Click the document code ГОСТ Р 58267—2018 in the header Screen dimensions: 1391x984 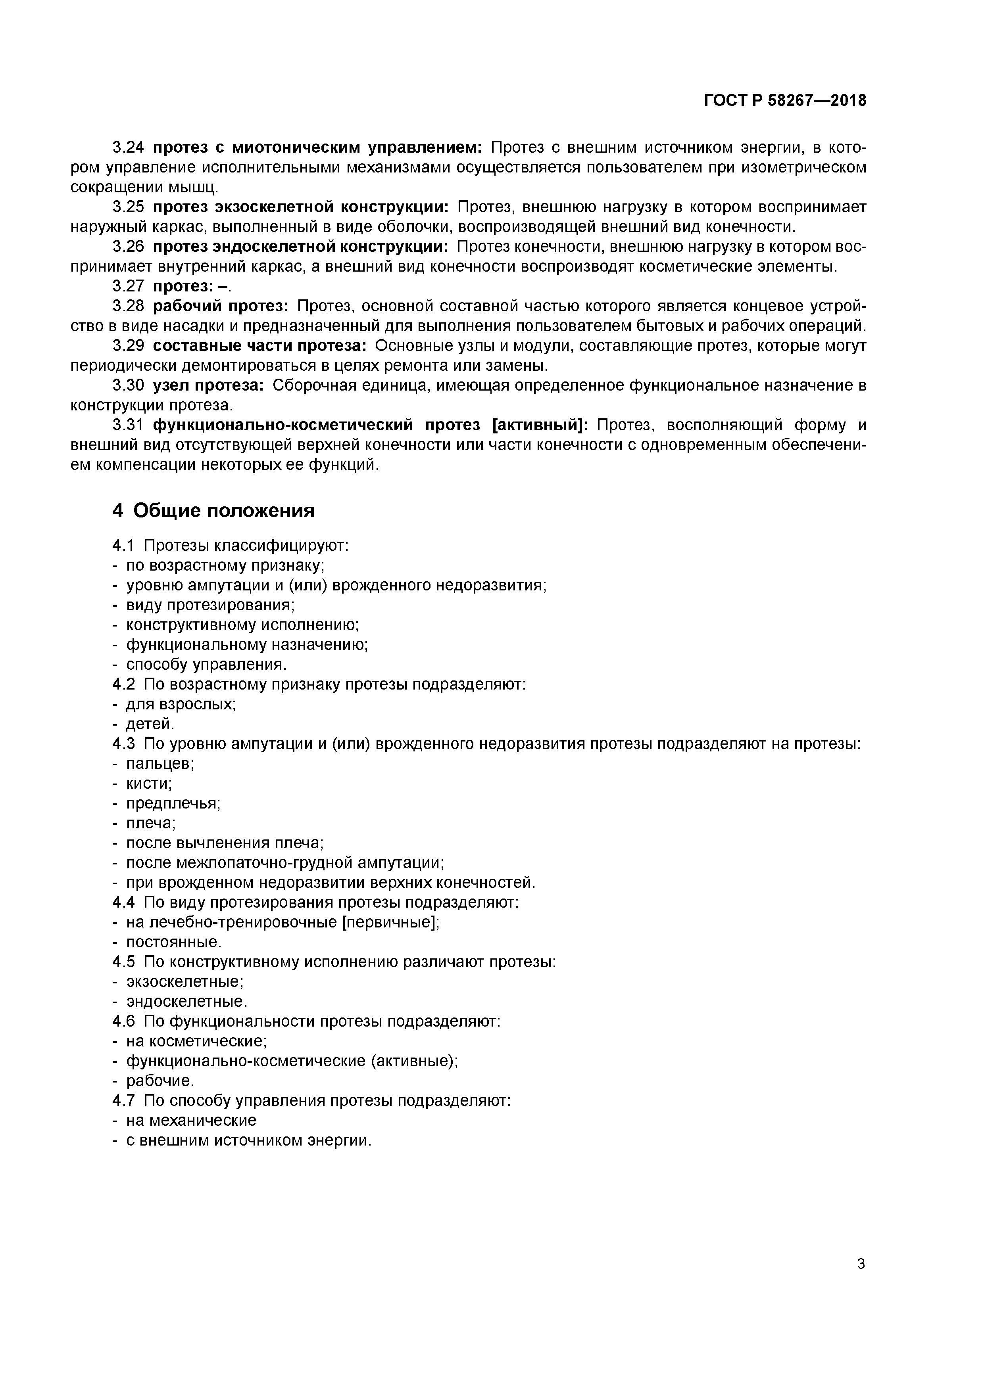click(785, 101)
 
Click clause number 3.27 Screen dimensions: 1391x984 click(129, 287)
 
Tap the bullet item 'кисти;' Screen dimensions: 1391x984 click(148, 784)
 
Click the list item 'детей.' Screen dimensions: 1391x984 click(150, 724)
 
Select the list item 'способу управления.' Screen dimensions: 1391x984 click(206, 665)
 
